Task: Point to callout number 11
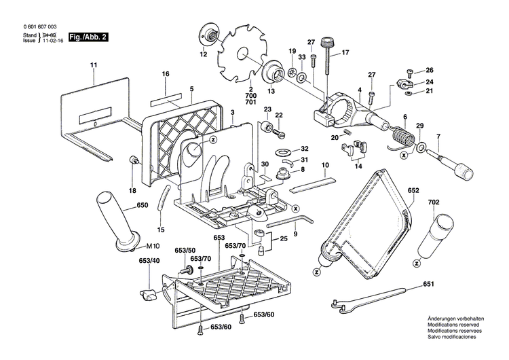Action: click(x=92, y=65)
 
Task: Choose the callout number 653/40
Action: click(x=149, y=261)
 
